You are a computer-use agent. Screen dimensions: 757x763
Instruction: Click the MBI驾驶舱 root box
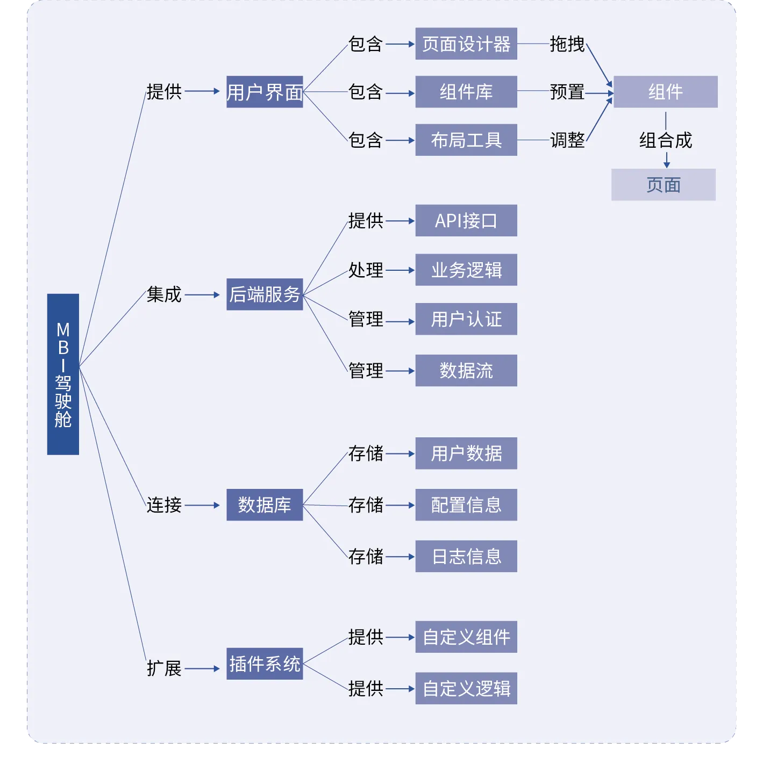click(x=63, y=374)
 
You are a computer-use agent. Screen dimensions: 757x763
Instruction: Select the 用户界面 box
click(x=265, y=92)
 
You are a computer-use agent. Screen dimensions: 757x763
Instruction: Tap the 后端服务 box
click(x=265, y=294)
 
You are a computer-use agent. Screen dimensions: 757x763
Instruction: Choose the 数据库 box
click(x=265, y=505)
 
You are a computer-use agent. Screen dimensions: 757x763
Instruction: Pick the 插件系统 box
click(x=265, y=664)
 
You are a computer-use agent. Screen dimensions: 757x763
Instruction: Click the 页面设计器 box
click(x=466, y=44)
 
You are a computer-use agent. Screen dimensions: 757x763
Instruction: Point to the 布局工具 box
click(x=466, y=140)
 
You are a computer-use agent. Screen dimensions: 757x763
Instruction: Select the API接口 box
click(x=466, y=221)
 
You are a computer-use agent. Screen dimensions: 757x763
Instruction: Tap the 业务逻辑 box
click(x=466, y=270)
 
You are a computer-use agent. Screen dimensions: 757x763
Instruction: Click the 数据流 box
click(x=466, y=371)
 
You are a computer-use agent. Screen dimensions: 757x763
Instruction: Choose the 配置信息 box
click(x=466, y=505)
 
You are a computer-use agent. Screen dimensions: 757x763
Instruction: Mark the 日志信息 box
click(x=466, y=557)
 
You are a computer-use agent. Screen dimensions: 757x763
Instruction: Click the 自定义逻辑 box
click(x=466, y=689)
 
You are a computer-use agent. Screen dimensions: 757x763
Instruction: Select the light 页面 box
click(x=664, y=185)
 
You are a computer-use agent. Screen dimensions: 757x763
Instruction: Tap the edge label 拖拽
click(x=567, y=44)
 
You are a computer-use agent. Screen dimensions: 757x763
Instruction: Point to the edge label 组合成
click(x=666, y=140)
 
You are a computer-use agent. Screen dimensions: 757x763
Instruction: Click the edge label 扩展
click(x=164, y=668)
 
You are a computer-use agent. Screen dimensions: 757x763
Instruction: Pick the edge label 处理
click(x=366, y=270)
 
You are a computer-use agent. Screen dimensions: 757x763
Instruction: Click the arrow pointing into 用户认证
click(x=400, y=322)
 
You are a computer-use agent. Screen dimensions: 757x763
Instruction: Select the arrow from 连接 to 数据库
click(x=202, y=505)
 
